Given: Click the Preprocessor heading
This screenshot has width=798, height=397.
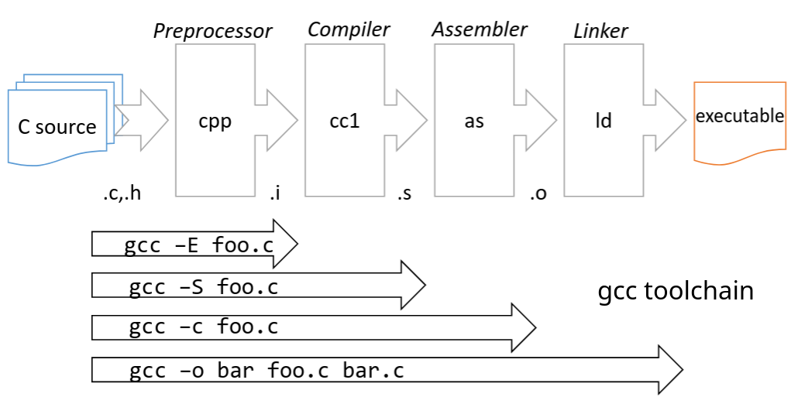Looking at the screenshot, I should coord(212,31).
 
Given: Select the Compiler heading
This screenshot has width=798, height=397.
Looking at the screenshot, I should coord(349,29).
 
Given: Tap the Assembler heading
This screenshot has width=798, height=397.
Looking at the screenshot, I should coord(479,29).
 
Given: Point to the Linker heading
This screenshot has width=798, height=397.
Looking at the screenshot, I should coord(600,31).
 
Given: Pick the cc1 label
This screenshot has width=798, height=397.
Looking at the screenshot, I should coord(345,121).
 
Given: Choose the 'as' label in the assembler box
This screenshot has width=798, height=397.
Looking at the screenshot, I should coord(474,121).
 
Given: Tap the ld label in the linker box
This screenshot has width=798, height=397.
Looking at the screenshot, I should coord(604,121).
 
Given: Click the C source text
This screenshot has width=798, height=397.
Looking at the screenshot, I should coord(57,127).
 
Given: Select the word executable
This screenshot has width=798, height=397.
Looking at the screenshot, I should coord(740,116).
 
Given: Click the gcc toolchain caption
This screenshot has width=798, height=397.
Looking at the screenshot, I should coord(676,292).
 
